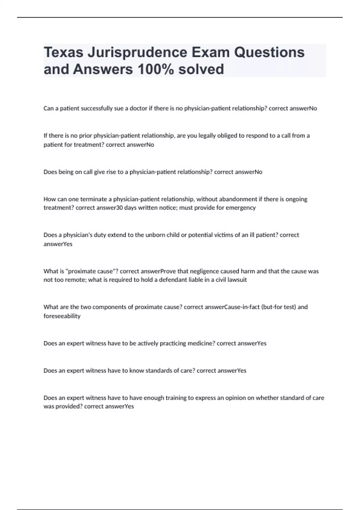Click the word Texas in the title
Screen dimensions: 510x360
[x=63, y=52]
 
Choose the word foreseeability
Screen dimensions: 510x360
[x=62, y=316]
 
